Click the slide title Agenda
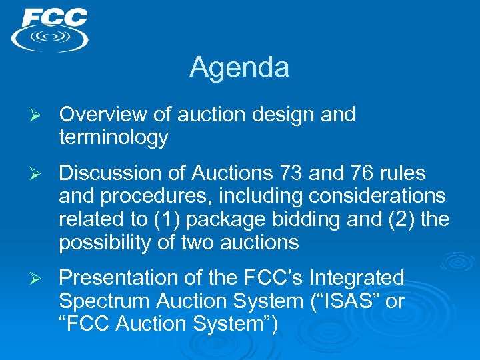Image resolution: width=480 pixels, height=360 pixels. (x=239, y=67)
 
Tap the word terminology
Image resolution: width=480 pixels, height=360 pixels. (x=113, y=138)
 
